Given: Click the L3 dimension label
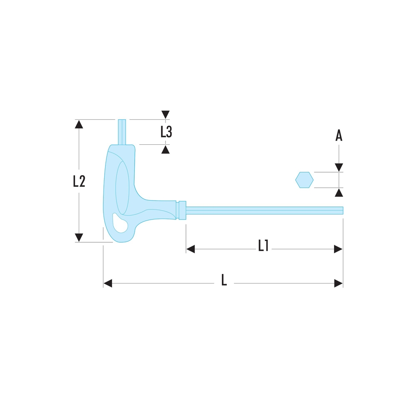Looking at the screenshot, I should [x=166, y=132].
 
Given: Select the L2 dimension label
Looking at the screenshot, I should [x=79, y=181].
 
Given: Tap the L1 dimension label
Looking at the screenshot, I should [x=263, y=246].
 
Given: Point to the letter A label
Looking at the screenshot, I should [x=339, y=136].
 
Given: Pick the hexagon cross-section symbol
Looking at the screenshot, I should [x=304, y=180].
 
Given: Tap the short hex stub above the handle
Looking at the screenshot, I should [x=122, y=132].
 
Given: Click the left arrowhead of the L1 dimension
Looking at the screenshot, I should [x=191, y=249].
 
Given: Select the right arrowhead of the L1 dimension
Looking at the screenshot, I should [x=338, y=249].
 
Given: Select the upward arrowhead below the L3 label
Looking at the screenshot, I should [x=166, y=149].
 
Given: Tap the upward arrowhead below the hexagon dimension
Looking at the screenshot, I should [x=339, y=192].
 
